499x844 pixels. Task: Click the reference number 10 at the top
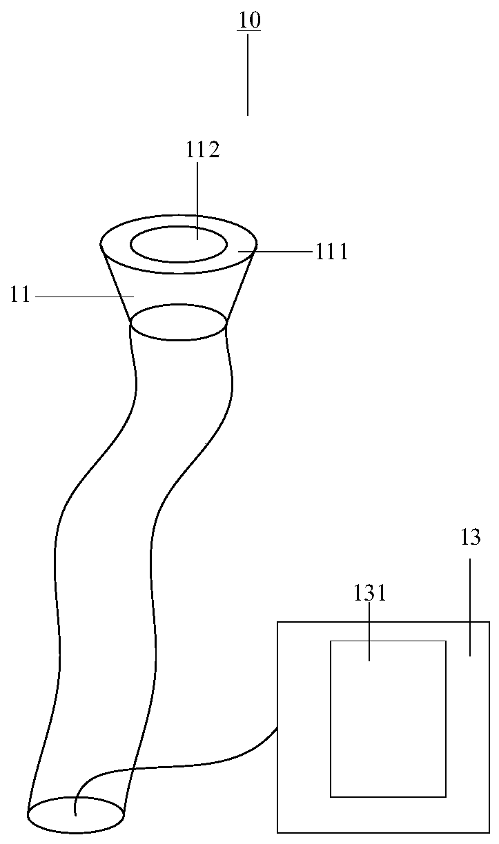point(249,20)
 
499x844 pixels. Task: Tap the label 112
point(202,150)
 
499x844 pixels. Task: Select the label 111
point(332,252)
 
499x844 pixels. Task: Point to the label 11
point(20,295)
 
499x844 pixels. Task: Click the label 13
point(470,538)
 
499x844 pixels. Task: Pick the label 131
point(369,593)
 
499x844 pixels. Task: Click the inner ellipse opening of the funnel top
point(179,245)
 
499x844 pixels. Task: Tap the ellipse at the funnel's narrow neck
point(179,323)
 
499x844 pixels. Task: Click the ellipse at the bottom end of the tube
point(76,816)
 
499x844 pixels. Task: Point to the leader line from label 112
point(197,200)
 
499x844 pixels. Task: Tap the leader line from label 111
point(276,252)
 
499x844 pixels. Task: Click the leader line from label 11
point(83,297)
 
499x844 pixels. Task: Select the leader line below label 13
point(471,607)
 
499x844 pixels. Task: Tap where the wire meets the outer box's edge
point(277,727)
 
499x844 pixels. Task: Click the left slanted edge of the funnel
point(117,283)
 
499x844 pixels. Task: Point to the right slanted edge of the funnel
point(241,283)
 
